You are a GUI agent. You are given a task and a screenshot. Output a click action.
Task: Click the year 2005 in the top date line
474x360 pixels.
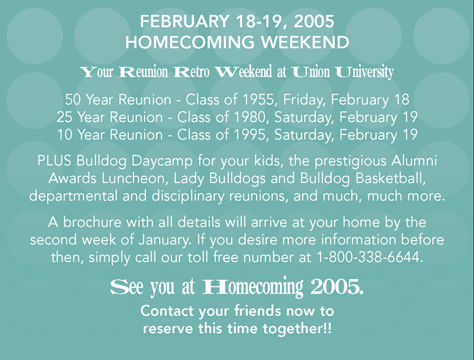click(x=313, y=21)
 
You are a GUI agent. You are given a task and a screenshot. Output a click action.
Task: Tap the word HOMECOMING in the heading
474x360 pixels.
click(x=190, y=42)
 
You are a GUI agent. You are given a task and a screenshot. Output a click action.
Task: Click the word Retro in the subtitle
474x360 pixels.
click(x=191, y=72)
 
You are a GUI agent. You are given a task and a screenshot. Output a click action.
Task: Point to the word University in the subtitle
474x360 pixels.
click(x=365, y=72)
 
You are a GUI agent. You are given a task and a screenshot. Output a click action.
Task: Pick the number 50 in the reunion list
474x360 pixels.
click(x=72, y=100)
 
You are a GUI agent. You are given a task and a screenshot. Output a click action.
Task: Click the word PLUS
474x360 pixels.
click(x=54, y=160)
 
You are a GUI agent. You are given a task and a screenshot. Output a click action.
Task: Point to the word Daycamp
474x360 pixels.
click(x=162, y=161)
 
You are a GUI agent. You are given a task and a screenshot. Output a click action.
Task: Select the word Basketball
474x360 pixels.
click(x=391, y=178)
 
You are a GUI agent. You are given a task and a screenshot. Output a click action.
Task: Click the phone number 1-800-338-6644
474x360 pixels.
click(x=369, y=257)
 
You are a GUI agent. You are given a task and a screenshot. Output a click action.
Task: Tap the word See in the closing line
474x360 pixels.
click(x=126, y=287)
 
